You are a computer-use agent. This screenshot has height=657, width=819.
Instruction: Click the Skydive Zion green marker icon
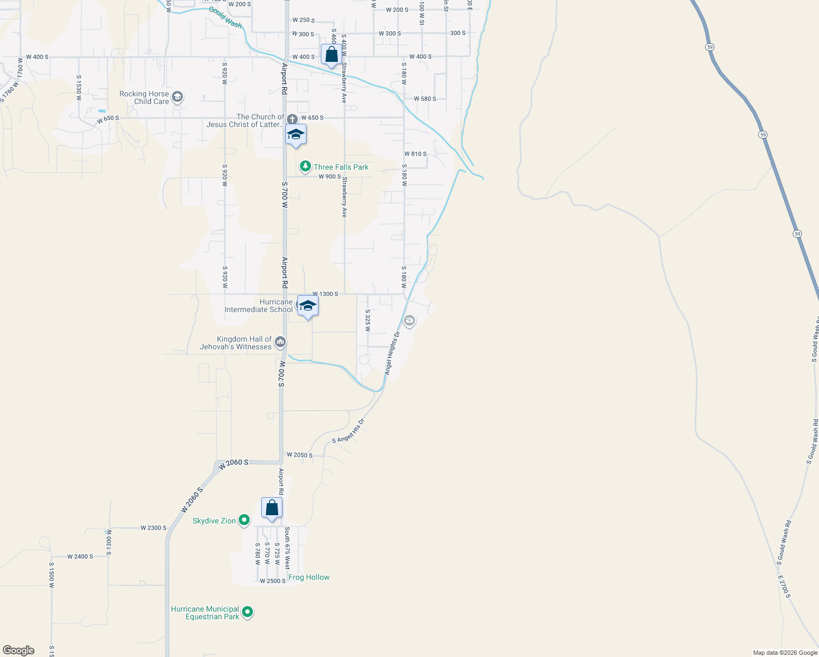244,521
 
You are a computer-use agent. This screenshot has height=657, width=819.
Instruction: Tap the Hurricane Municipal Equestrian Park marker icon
247,612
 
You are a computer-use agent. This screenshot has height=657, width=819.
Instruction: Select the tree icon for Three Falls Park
305,166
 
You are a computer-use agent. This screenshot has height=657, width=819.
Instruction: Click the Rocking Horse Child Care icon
177,97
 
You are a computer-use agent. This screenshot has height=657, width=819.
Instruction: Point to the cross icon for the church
292,119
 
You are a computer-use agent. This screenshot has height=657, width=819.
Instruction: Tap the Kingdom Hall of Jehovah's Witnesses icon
280,343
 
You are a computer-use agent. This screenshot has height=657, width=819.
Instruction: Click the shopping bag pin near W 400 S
331,55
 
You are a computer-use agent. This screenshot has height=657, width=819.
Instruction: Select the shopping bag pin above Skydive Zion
272,508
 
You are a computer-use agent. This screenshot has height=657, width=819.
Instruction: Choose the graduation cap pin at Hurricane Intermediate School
308,306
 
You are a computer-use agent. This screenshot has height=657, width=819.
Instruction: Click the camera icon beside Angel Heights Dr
409,320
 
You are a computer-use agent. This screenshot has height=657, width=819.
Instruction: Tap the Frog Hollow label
309,577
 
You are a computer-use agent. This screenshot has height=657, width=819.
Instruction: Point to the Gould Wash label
225,18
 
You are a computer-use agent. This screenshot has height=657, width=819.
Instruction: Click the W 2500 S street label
273,581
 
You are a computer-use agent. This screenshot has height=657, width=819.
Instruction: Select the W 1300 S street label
325,294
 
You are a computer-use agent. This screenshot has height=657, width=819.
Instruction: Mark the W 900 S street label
330,176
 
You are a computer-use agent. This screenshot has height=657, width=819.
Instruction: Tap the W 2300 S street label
153,528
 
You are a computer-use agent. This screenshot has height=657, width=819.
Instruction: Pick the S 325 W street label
368,321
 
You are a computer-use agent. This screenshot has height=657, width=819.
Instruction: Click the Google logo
19,650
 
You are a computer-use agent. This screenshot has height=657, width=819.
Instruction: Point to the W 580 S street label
425,99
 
